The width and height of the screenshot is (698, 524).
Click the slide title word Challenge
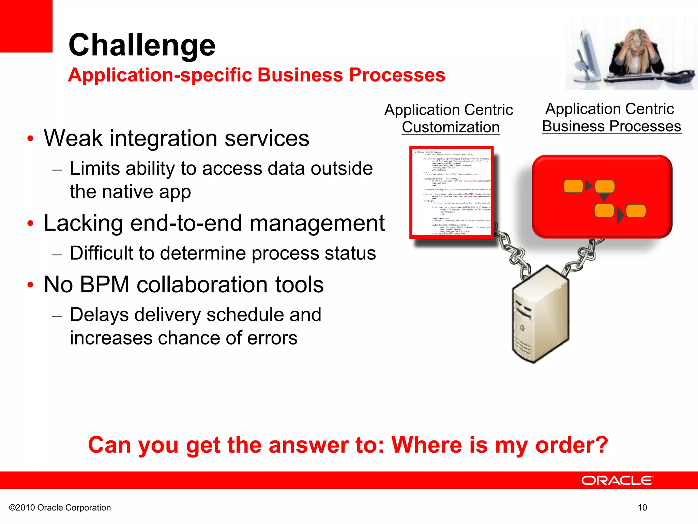(x=142, y=45)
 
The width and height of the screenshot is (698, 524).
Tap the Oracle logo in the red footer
(x=617, y=480)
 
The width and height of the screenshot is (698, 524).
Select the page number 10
(x=642, y=508)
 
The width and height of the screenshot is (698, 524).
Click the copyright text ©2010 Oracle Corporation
(x=60, y=508)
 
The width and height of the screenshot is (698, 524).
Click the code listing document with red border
(x=451, y=192)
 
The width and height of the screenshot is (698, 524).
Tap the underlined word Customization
(x=451, y=127)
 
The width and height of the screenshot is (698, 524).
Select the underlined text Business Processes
(x=611, y=126)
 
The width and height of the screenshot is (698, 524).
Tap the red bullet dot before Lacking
(x=30, y=223)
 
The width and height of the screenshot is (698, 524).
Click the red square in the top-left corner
(x=26, y=26)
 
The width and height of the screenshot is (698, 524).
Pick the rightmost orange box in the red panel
(x=636, y=211)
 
